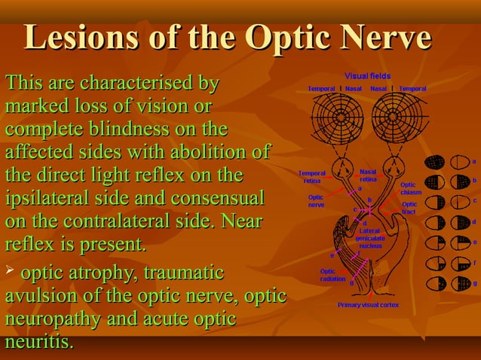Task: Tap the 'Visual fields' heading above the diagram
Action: pyautogui.click(x=367, y=77)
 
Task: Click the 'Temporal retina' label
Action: pyautogui.click(x=312, y=177)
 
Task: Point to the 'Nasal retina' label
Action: pyautogui.click(x=368, y=175)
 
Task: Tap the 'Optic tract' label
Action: pyautogui.click(x=409, y=208)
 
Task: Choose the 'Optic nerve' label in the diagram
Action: pyautogui.click(x=315, y=201)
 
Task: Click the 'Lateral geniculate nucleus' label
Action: pyautogui.click(x=370, y=238)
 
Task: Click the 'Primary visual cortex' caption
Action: pyautogui.click(x=368, y=305)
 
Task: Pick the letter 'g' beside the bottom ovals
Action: pyautogui.click(x=474, y=283)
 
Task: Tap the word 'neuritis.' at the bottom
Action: pyautogui.click(x=39, y=343)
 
